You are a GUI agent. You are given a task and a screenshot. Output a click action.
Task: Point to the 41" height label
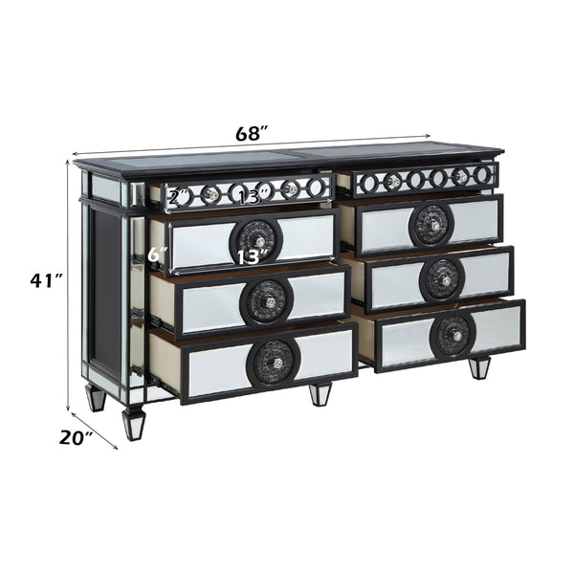point(45,280)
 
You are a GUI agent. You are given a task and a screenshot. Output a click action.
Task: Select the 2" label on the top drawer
point(177,198)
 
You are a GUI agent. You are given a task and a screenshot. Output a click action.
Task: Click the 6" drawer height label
point(158,255)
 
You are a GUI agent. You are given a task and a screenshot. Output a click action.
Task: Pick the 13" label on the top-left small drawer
point(250,197)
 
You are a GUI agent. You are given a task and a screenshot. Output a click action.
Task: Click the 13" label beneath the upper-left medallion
point(250,256)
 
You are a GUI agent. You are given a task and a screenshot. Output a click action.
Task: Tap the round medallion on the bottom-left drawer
point(274,361)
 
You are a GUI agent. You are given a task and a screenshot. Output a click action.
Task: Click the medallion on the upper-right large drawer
point(431,225)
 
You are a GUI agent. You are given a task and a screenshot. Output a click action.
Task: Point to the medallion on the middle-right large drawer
point(442,278)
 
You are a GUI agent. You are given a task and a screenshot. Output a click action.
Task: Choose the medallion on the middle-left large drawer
point(267,299)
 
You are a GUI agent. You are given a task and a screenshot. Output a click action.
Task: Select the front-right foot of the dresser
point(478,367)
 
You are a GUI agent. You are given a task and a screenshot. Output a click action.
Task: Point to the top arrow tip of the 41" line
point(68,161)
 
